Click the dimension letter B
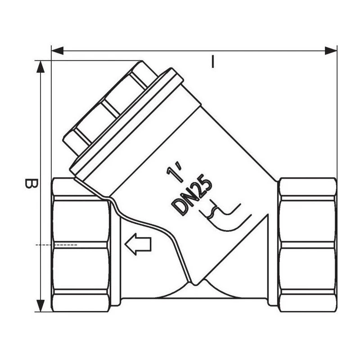31,184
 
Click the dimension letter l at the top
213,62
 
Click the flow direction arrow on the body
138,244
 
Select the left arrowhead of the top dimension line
58,51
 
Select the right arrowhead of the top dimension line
331,51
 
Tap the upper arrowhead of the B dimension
40,67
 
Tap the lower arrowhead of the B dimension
40,306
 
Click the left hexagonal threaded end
81,245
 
